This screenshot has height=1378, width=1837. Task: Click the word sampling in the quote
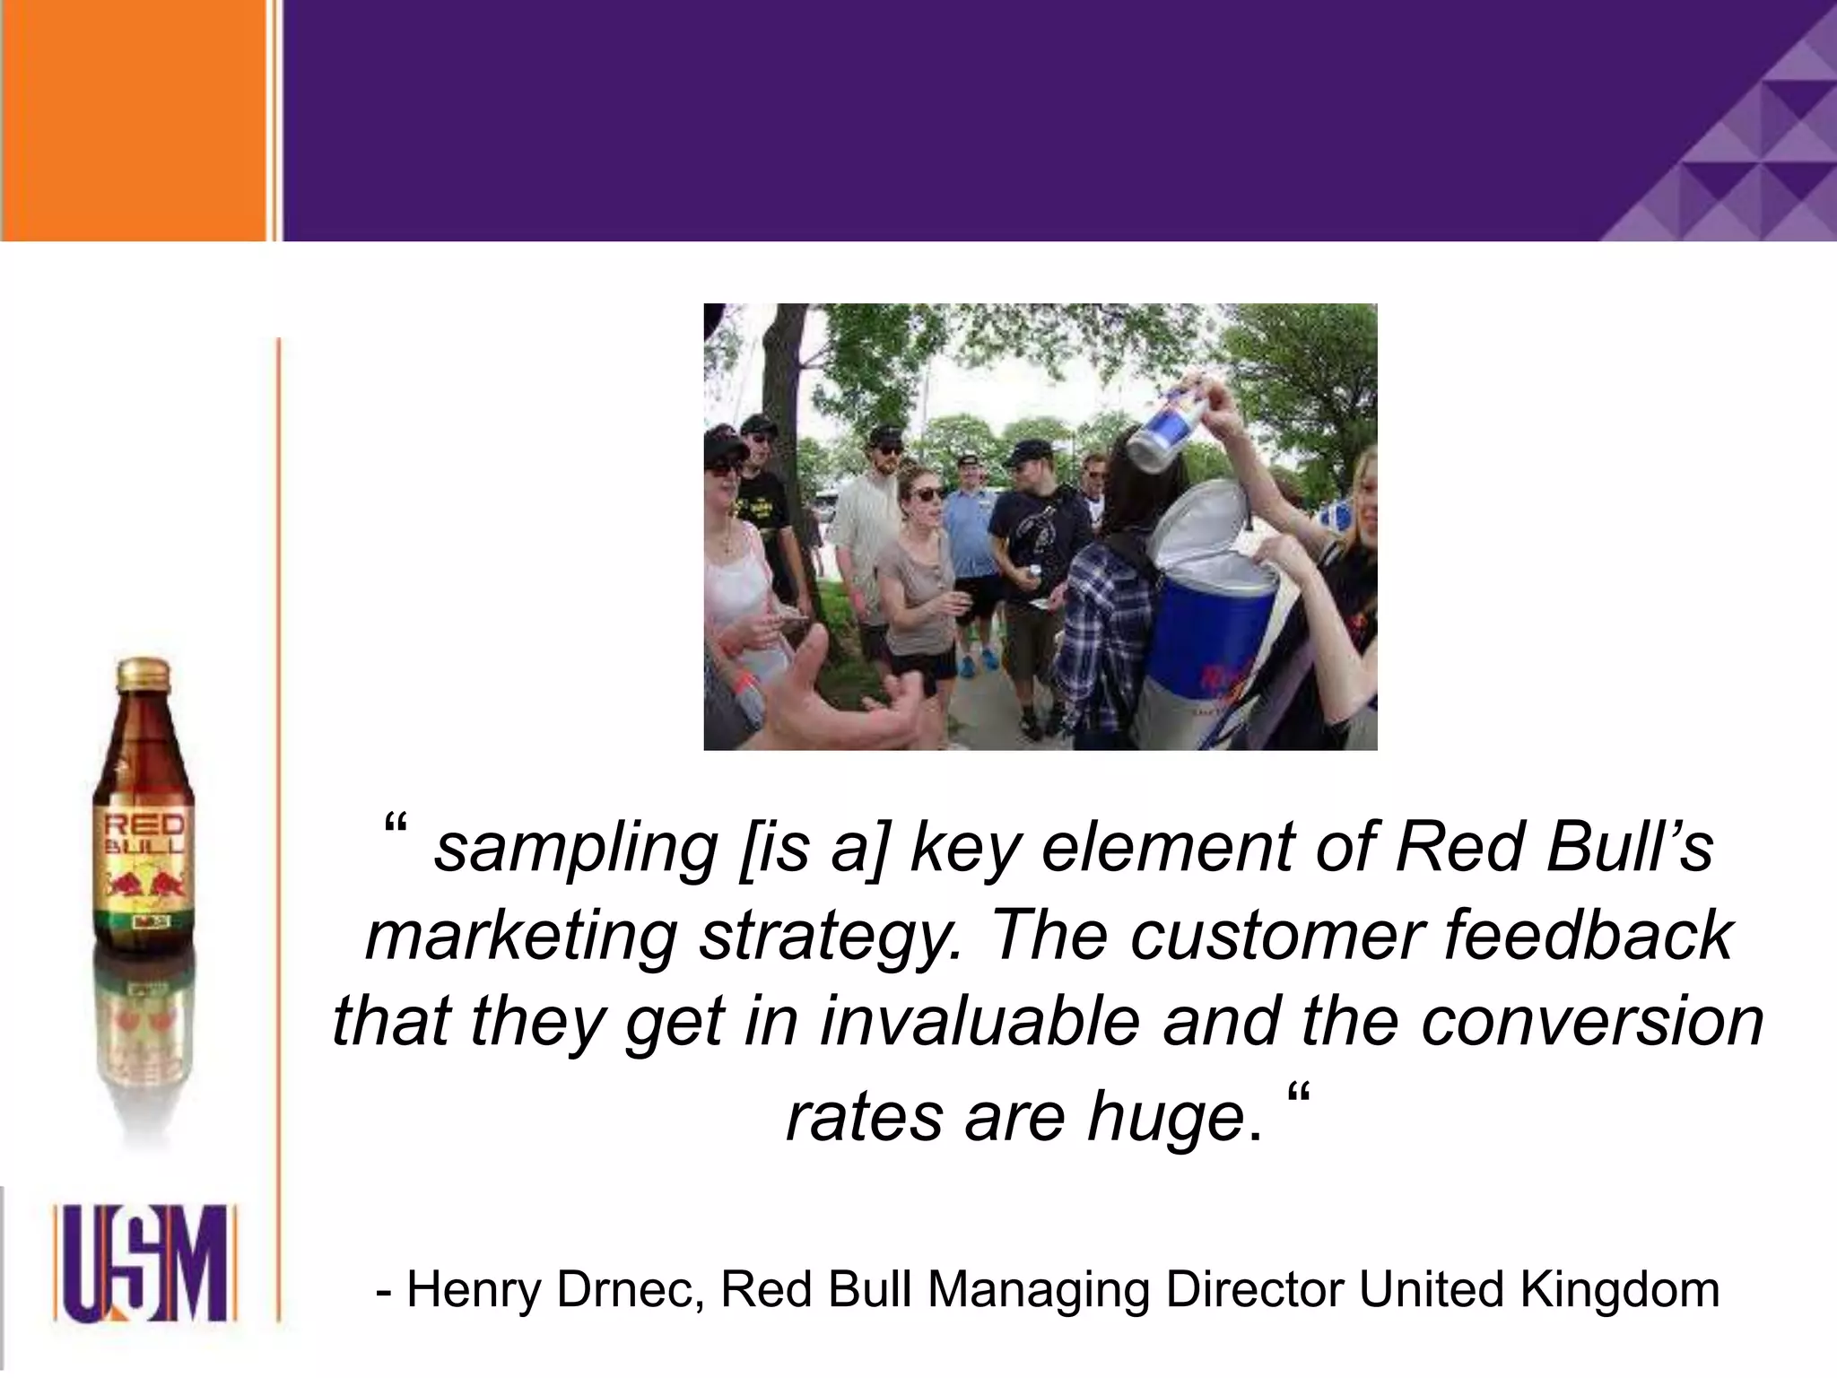pyautogui.click(x=575, y=850)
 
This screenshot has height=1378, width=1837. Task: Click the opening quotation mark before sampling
pyautogui.click(x=395, y=825)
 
